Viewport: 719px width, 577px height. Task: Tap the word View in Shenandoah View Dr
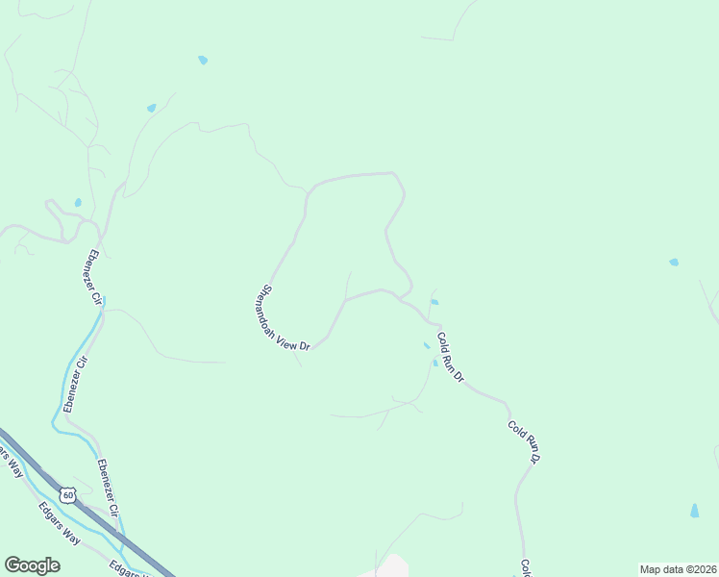point(288,339)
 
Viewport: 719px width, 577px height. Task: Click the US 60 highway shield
point(66,495)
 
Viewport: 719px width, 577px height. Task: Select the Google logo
point(32,565)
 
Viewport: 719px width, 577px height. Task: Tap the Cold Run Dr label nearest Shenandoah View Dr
point(450,357)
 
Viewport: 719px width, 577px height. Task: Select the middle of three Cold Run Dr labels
point(524,441)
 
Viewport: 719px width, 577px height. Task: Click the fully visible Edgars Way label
point(59,523)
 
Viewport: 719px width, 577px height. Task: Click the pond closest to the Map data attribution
point(694,511)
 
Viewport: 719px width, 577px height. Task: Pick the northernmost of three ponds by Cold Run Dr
point(434,302)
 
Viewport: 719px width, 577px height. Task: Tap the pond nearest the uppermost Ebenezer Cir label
point(78,203)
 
